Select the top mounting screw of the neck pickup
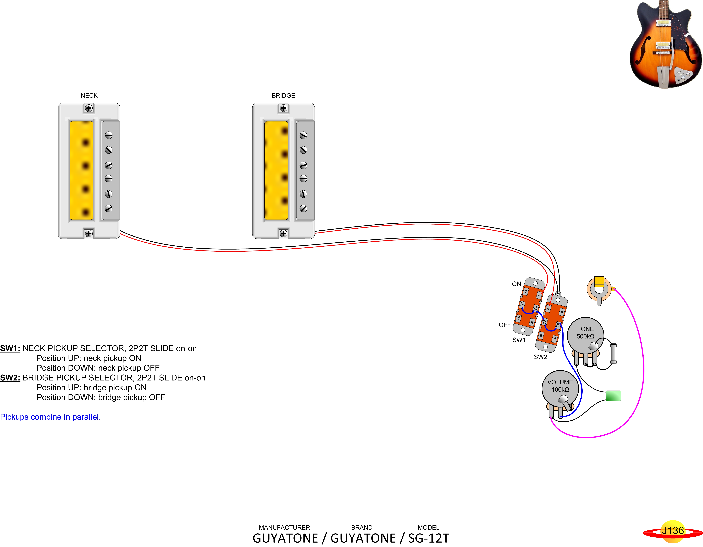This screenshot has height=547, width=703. pos(89,108)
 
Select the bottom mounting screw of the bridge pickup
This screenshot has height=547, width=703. pos(283,234)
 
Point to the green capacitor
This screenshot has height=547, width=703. pos(613,396)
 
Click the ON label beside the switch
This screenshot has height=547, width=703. pos(516,284)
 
